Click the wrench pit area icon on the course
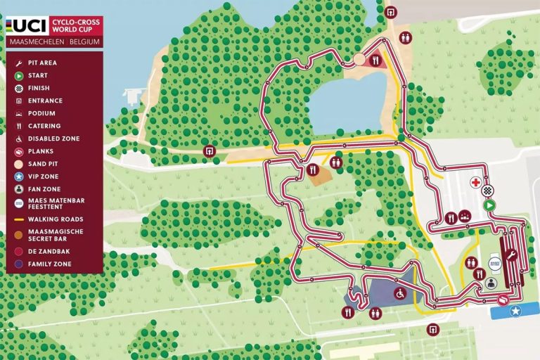click(x=511, y=255)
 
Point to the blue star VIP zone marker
click(x=515, y=311)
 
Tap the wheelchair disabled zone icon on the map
click(x=400, y=292)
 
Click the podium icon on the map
click(x=465, y=217)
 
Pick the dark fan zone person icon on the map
click(x=491, y=283)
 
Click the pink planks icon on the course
click(x=503, y=300)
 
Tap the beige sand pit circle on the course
click(x=359, y=59)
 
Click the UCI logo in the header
click(x=28, y=26)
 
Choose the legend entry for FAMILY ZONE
click(x=49, y=264)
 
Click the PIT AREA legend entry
click(x=42, y=63)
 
